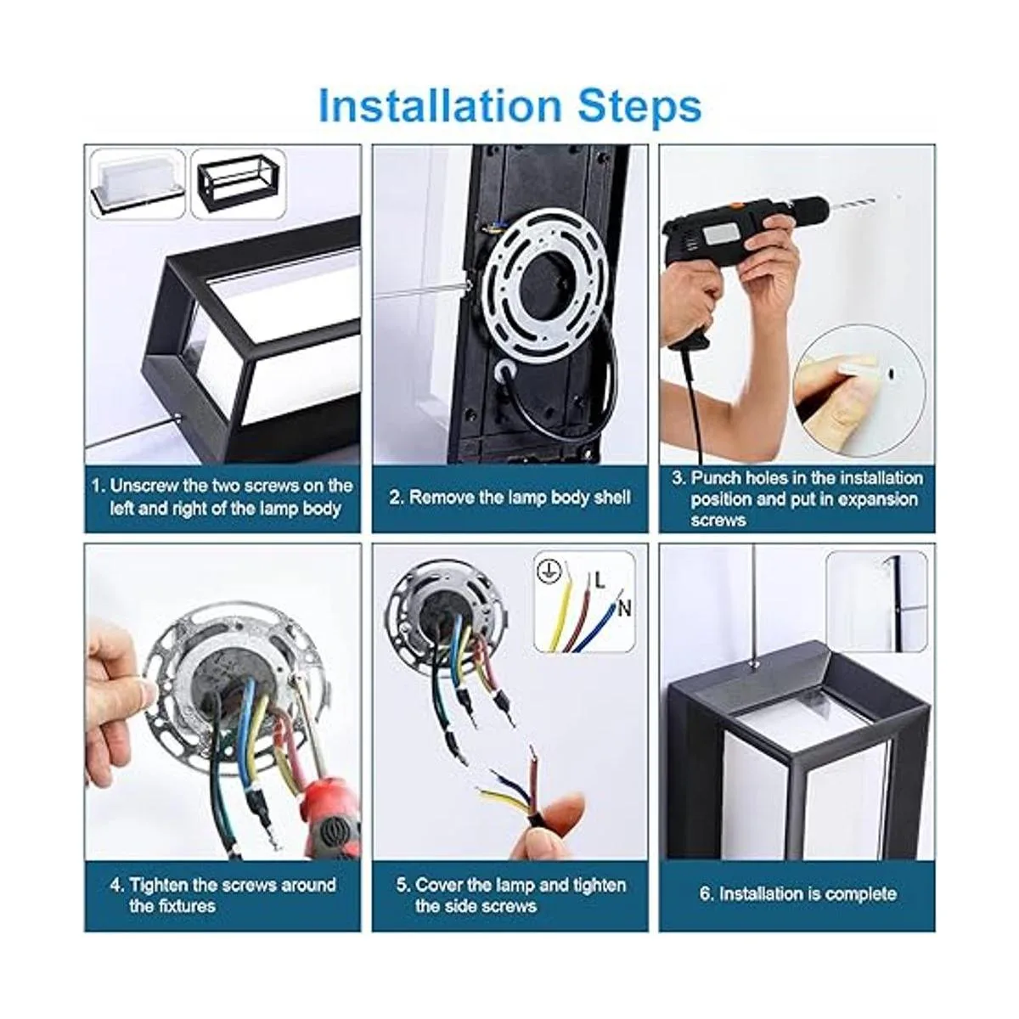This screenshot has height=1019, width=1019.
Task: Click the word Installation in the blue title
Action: (x=440, y=106)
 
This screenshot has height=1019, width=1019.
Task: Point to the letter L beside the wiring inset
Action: (x=600, y=581)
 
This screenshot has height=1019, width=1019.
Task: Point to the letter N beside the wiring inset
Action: (x=624, y=608)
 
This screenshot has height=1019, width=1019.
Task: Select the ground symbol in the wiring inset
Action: (x=549, y=572)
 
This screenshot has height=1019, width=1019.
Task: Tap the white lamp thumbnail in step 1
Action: (x=138, y=184)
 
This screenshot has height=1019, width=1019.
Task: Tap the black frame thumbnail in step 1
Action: (x=239, y=184)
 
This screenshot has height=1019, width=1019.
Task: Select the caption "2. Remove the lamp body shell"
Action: (x=509, y=498)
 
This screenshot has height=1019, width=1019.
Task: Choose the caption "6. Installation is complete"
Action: (x=798, y=893)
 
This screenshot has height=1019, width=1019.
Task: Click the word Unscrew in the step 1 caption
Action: (x=144, y=486)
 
